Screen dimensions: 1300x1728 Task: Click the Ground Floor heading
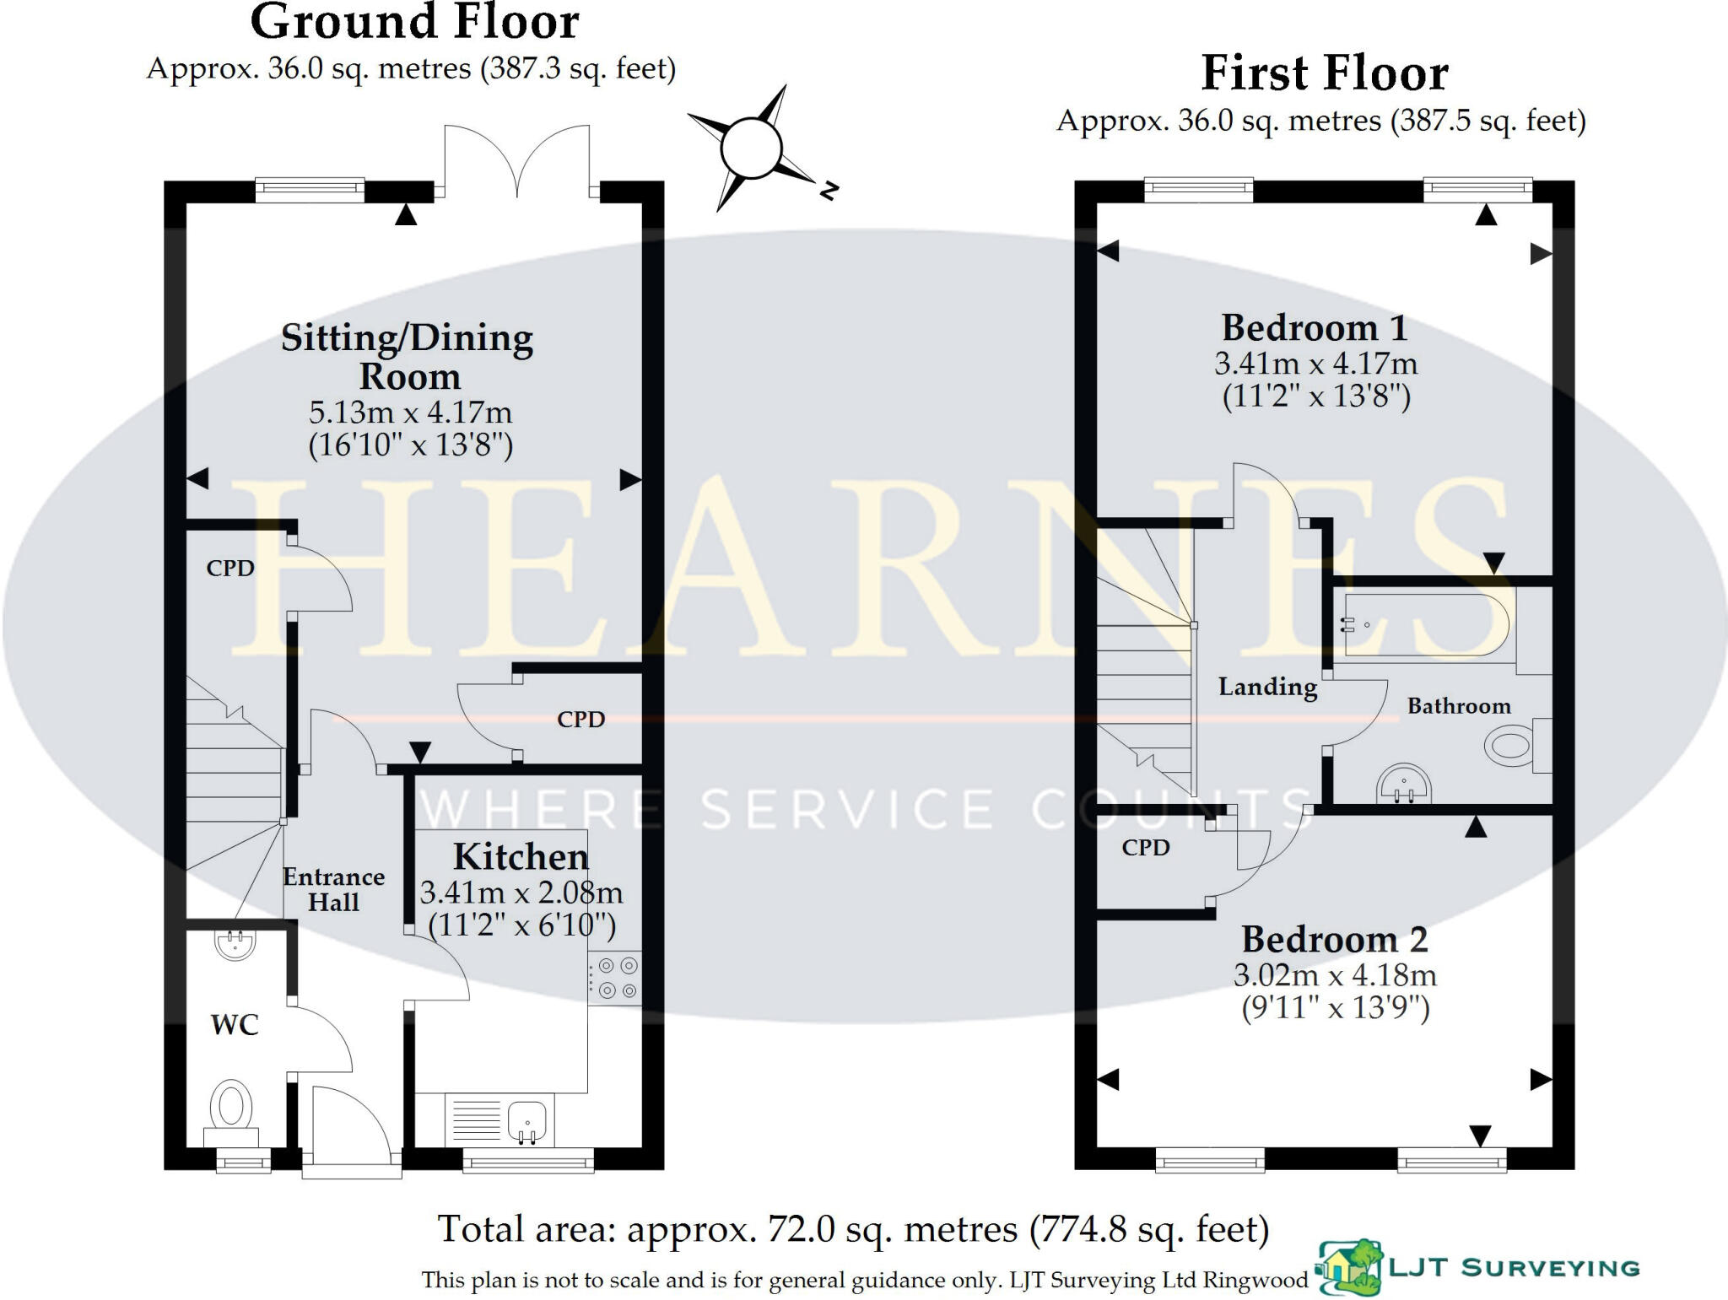[x=414, y=22]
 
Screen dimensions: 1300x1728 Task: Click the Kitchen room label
[x=521, y=857]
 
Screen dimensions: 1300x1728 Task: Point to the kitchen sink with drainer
[x=498, y=1119]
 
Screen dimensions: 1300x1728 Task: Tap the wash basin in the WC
[x=235, y=943]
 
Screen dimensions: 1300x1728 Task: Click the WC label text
[x=234, y=1025]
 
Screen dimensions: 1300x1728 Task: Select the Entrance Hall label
[x=333, y=890]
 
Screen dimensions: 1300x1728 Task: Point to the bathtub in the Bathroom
[x=1426, y=625]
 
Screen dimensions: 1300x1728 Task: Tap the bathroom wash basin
[x=1404, y=785]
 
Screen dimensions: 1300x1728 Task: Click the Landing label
[x=1267, y=687]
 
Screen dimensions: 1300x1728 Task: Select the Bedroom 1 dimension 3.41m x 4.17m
[x=1315, y=364]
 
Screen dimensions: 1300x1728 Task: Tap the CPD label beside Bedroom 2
[x=1145, y=848]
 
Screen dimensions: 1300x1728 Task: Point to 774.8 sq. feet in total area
[x=1149, y=1230]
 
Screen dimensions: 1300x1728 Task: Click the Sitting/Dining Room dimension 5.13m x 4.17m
[x=410, y=413]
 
